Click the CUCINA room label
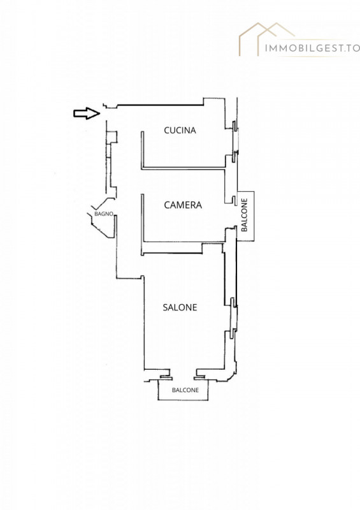click(x=180, y=131)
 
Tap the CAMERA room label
click(x=183, y=205)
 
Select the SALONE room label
click(x=180, y=307)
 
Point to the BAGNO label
click(x=104, y=214)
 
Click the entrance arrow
click(x=87, y=113)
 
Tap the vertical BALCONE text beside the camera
click(x=245, y=215)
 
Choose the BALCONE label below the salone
click(x=185, y=390)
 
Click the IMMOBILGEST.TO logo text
click(x=312, y=48)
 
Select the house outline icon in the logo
click(x=267, y=38)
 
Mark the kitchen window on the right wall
click(x=234, y=141)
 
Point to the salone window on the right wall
click(x=233, y=318)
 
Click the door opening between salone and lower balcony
click(x=182, y=374)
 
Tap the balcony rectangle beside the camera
click(x=245, y=216)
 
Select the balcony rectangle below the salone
click(x=183, y=390)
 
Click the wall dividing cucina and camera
click(x=184, y=168)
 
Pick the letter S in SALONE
click(x=165, y=307)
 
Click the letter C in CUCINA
click(x=166, y=131)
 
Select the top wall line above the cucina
click(x=160, y=105)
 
